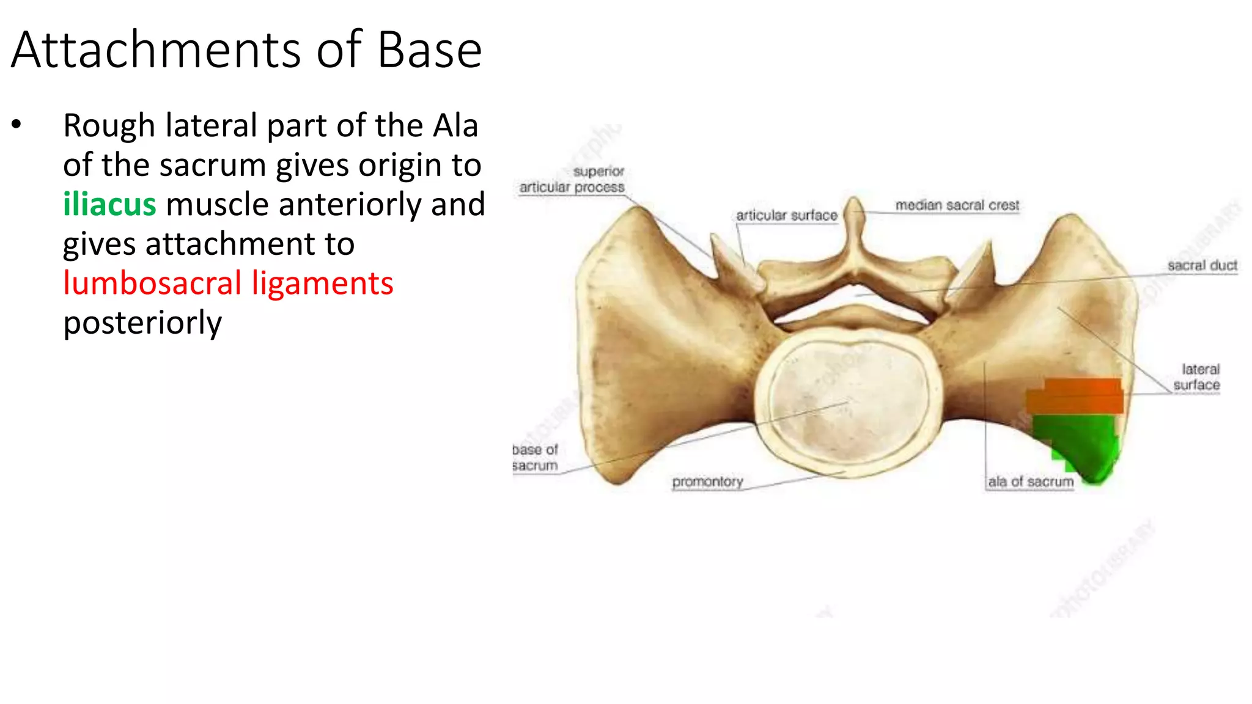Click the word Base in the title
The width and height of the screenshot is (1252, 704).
(429, 50)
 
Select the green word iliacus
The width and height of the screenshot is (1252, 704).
(109, 205)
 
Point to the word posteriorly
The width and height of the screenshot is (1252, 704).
(142, 323)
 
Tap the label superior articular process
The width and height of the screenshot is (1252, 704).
(573, 180)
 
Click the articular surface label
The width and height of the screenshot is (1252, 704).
(786, 216)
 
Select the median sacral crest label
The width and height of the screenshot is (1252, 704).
(957, 205)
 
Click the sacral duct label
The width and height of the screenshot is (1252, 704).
(1202, 266)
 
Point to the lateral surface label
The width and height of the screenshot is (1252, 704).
(1197, 377)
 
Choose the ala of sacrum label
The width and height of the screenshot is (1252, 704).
(1031, 482)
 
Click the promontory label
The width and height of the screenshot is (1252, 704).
(707, 482)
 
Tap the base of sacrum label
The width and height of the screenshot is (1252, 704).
(535, 458)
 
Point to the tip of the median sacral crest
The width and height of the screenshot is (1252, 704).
(854, 202)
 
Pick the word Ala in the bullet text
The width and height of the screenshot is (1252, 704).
(455, 126)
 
